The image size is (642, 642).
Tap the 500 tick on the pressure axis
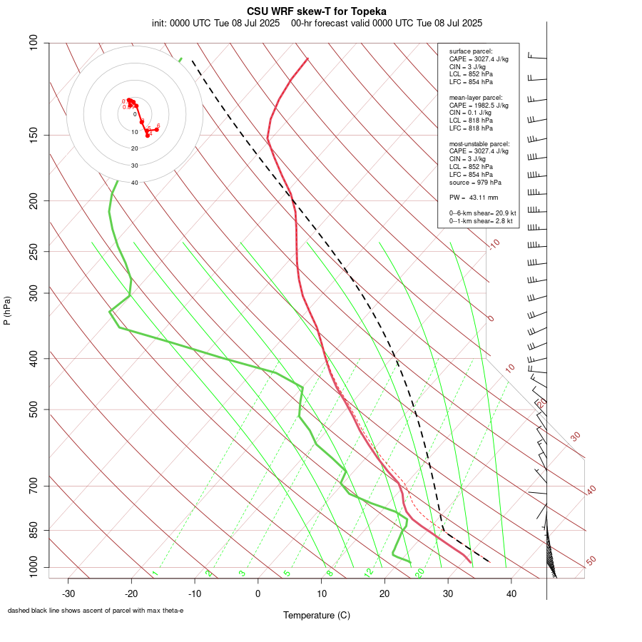(34, 409)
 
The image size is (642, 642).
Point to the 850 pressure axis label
(34, 530)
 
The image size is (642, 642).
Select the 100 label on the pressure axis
(34, 43)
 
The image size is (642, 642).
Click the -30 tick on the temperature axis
(68, 593)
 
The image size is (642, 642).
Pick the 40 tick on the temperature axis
(511, 593)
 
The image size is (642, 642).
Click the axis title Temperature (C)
(317, 615)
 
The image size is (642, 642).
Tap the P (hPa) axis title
(7, 310)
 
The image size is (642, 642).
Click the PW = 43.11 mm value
(474, 198)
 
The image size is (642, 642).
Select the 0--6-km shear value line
(482, 213)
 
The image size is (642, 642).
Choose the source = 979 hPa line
(474, 182)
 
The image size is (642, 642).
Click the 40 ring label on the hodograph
(134, 183)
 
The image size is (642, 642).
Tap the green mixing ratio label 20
(420, 572)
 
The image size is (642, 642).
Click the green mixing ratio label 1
(155, 574)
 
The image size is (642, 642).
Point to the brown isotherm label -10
(493, 244)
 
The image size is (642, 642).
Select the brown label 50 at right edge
(591, 561)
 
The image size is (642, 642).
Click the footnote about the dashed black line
(96, 611)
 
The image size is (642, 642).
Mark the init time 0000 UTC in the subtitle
(195, 23)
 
